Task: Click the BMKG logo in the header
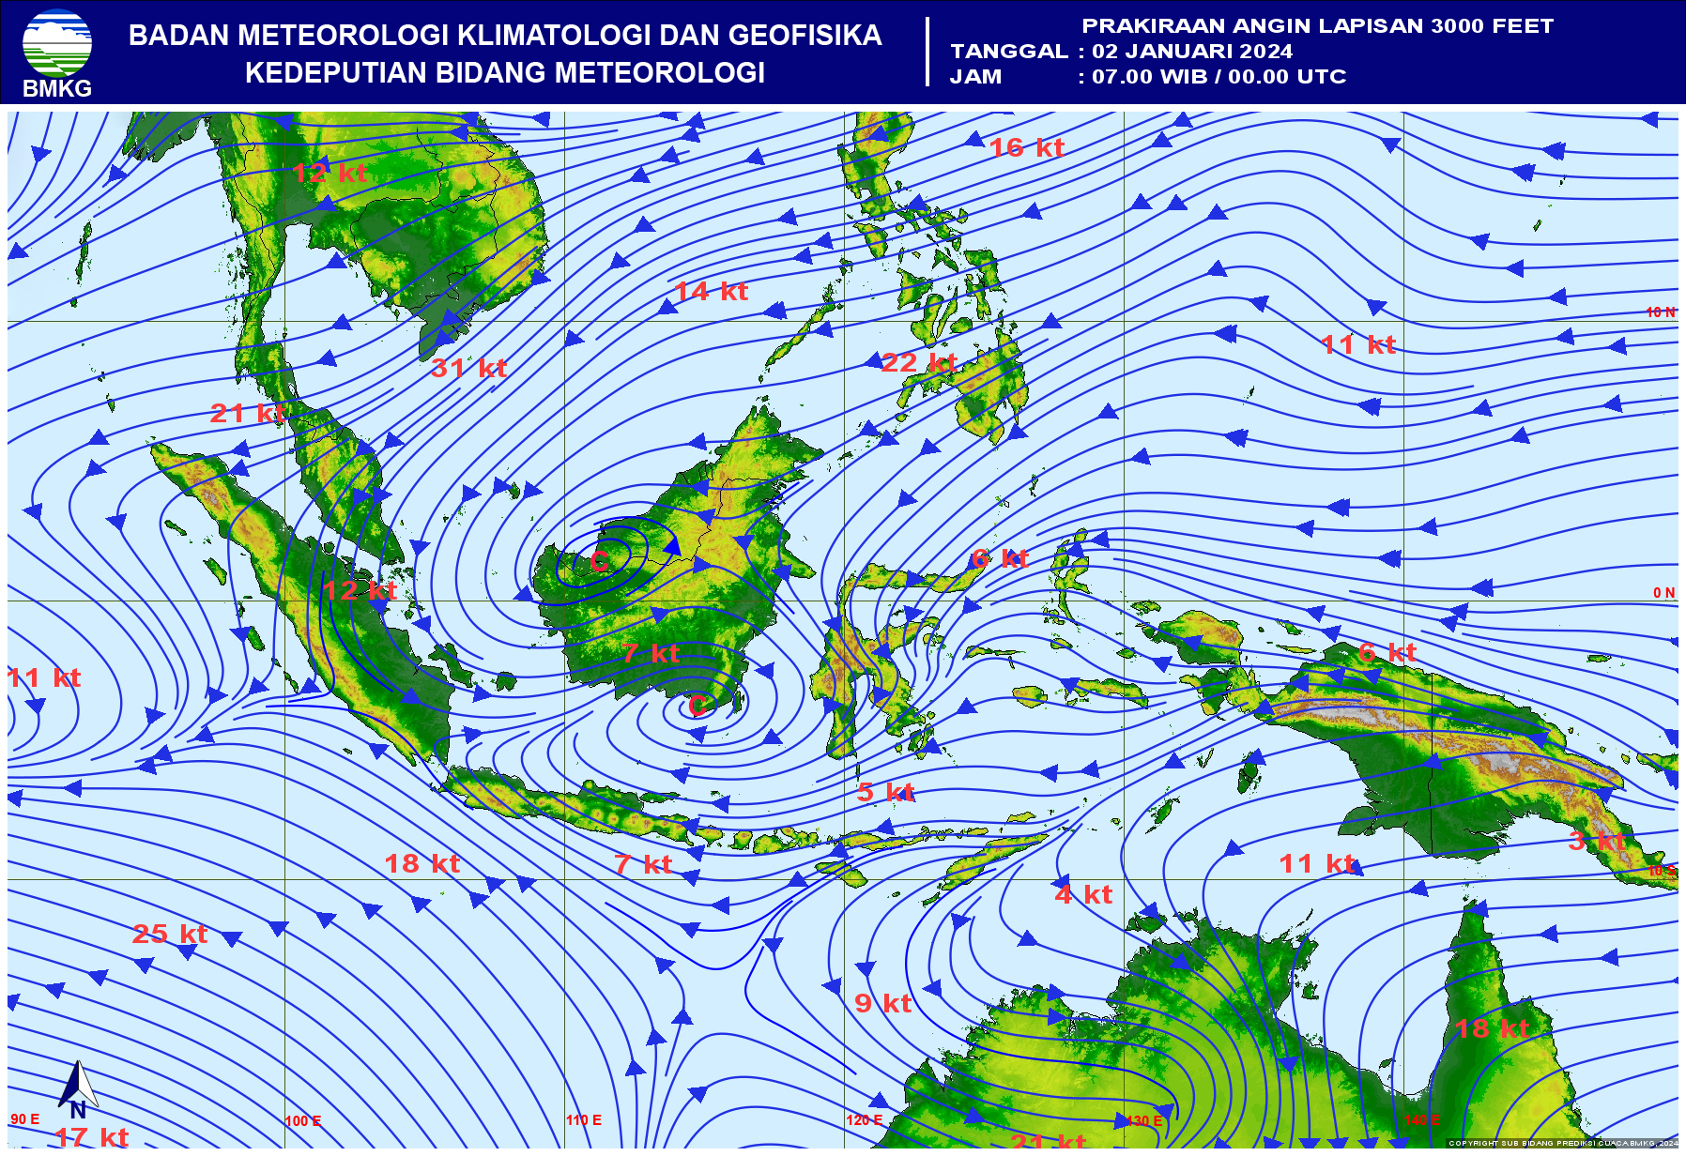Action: (57, 52)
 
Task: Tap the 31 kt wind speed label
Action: (468, 368)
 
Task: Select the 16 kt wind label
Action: (1026, 147)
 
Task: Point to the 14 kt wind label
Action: (711, 291)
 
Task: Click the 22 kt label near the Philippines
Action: (918, 362)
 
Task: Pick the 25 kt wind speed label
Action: (169, 934)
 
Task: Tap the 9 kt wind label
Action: (882, 1003)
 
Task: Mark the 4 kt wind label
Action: (1083, 894)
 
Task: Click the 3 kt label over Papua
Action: (1597, 841)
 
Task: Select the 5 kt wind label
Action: (885, 792)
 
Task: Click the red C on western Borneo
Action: (600, 562)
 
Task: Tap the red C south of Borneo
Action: (697, 706)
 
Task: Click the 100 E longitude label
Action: (303, 1121)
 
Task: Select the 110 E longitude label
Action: (584, 1120)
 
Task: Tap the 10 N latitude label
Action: (1660, 312)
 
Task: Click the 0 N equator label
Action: (1663, 593)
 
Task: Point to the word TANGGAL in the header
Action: (1009, 52)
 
